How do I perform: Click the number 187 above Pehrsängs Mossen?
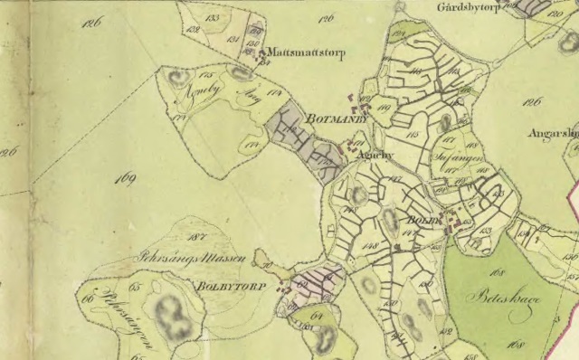click(191, 236)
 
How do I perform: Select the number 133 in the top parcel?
click(214, 17)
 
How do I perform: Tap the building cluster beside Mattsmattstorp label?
click(263, 56)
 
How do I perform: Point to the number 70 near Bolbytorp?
click(269, 264)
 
